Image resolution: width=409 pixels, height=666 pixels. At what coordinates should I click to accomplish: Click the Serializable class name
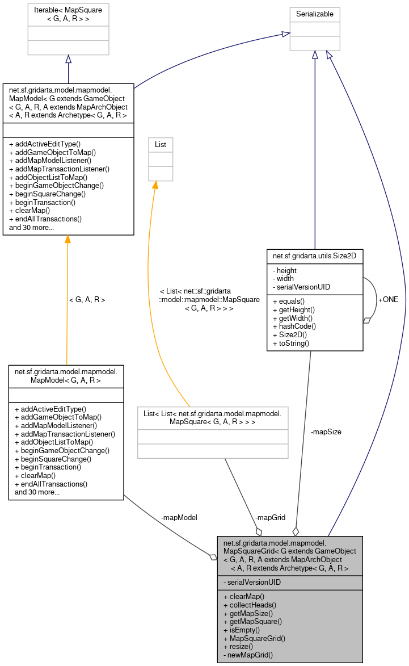click(315, 12)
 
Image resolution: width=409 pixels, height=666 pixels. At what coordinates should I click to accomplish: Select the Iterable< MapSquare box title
click(68, 13)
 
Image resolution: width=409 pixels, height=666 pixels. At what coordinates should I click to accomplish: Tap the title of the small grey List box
click(161, 145)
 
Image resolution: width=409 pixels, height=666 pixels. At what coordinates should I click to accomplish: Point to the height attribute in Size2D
click(286, 270)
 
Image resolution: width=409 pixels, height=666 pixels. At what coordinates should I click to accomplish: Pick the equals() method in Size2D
click(290, 301)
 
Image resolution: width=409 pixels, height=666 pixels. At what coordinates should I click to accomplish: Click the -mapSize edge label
click(326, 432)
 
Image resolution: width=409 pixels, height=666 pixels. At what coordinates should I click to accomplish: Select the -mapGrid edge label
click(270, 518)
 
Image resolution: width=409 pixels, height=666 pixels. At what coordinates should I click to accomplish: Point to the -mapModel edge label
click(179, 517)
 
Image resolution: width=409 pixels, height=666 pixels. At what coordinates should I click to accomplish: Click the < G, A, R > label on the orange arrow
click(87, 299)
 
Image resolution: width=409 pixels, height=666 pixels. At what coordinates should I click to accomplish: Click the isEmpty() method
click(242, 630)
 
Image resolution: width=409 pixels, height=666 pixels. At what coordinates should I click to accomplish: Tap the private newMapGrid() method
click(248, 655)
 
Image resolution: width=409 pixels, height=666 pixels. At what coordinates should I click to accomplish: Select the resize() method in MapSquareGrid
click(238, 646)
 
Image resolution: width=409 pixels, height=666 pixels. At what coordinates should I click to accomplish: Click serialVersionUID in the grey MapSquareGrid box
click(252, 582)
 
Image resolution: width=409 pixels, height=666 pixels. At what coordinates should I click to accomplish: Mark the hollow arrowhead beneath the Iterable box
click(68, 60)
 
